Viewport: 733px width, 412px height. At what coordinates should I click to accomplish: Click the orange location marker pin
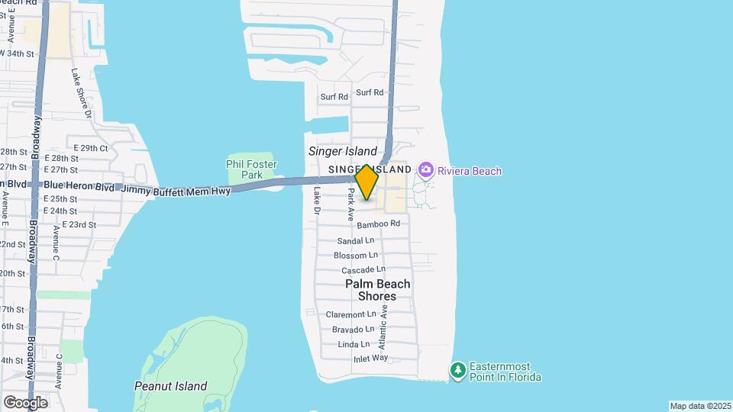[366, 182]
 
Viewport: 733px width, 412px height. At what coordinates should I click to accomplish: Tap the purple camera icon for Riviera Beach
[426, 170]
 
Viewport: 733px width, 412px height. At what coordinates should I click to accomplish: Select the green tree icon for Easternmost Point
[457, 371]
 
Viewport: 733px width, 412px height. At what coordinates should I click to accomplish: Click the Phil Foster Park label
[252, 169]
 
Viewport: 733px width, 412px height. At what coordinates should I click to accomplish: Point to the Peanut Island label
[170, 386]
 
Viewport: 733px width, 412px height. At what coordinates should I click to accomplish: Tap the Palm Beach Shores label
[377, 290]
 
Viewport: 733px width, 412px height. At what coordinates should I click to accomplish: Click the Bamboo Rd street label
[378, 224]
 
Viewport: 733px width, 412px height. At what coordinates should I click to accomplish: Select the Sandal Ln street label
[356, 241]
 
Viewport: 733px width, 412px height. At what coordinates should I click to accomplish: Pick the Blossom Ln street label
[355, 256]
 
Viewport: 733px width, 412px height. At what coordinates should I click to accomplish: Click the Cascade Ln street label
[363, 270]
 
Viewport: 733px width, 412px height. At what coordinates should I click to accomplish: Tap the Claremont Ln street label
[351, 314]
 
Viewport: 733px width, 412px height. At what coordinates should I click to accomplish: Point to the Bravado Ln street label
[353, 330]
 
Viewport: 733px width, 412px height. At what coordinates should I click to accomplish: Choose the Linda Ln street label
[354, 345]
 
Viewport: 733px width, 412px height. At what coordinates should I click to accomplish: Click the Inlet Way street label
[371, 359]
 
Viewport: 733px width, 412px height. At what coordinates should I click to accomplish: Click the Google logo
[25, 402]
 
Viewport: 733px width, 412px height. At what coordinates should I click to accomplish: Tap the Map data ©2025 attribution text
[699, 406]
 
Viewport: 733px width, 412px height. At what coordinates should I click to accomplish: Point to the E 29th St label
[91, 148]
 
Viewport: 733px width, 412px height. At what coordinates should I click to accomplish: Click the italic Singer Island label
[343, 151]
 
